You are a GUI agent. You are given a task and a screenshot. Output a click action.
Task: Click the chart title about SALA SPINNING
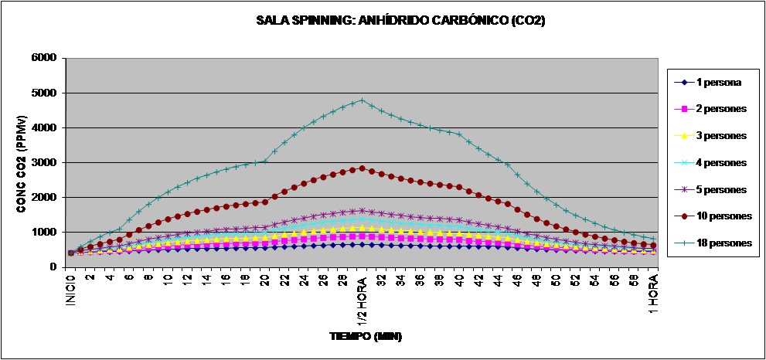[400, 21]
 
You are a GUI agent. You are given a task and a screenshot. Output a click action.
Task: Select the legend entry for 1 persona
[708, 82]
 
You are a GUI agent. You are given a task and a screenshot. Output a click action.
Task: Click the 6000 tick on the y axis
[43, 58]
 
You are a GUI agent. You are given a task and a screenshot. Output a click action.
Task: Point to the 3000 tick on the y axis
[43, 162]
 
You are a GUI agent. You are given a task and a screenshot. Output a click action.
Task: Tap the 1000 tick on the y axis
[43, 232]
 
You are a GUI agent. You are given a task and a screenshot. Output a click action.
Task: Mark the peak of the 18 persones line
[362, 100]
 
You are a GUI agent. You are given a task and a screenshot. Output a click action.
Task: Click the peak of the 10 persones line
[362, 168]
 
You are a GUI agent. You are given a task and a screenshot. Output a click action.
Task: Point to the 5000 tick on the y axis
[43, 93]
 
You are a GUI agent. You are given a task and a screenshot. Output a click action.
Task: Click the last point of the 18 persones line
[654, 239]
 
